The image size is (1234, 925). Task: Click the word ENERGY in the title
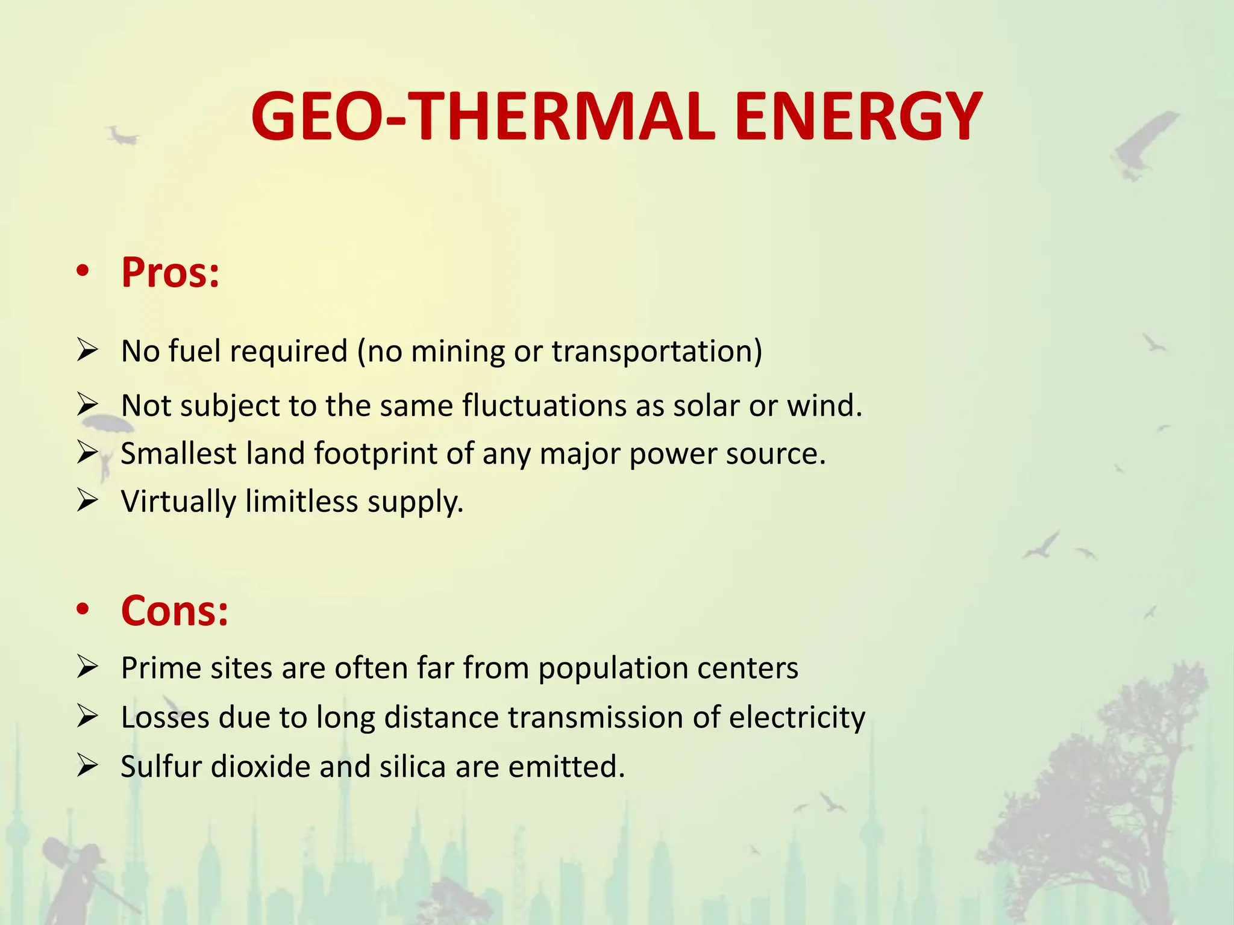858,117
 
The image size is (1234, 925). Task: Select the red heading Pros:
171,272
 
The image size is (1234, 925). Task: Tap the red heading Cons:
175,611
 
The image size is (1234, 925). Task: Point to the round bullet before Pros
83,271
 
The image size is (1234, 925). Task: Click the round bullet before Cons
83,609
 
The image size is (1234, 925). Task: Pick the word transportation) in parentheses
657,352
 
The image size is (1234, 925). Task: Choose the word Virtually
178,502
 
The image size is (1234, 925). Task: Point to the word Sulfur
161,767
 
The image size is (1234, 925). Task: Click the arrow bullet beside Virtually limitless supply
88,500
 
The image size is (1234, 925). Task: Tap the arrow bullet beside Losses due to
88,717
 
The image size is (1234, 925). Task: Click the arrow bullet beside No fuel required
88,350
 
